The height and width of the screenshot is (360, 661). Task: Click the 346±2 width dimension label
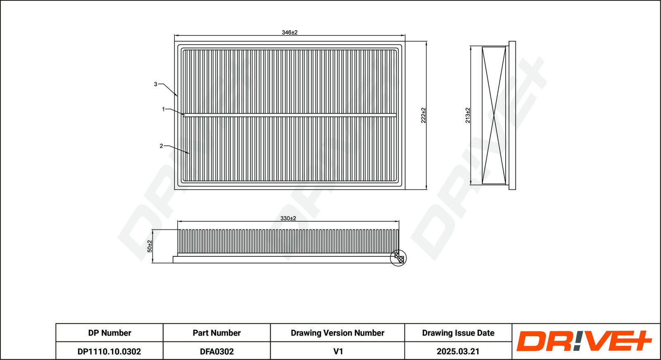tap(290, 33)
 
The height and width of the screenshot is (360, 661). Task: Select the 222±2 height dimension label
tap(423, 115)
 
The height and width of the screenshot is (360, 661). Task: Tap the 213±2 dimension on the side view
tap(468, 115)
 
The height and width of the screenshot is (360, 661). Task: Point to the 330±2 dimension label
tap(288, 218)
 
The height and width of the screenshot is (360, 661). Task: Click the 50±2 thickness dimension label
tap(150, 246)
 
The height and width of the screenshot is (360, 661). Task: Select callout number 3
tap(155, 84)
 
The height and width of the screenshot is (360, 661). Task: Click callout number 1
tap(163, 109)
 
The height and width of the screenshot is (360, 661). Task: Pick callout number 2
tap(161, 146)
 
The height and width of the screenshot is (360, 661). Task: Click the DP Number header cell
tap(109, 333)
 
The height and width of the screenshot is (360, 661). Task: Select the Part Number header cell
tap(216, 333)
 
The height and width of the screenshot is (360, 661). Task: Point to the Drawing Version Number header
tap(337, 333)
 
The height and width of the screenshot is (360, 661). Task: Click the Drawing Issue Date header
tap(458, 333)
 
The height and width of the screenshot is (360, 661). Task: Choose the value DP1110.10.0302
tap(109, 351)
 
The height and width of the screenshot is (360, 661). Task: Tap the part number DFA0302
tap(216, 351)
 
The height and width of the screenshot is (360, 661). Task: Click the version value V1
tap(338, 351)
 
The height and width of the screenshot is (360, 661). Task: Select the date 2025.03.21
tap(458, 351)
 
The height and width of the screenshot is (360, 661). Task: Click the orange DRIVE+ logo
tap(584, 341)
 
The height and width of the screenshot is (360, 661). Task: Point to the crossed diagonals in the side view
tap(494, 115)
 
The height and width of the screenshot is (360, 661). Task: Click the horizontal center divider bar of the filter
tap(290, 114)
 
